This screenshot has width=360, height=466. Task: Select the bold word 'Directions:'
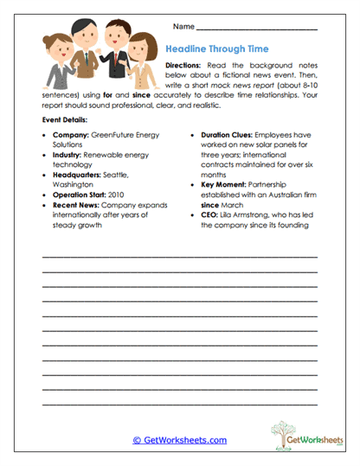[x=185, y=67]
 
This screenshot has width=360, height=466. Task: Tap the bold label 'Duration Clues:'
[x=230, y=137]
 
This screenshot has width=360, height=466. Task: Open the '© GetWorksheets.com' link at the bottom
[x=179, y=440]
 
